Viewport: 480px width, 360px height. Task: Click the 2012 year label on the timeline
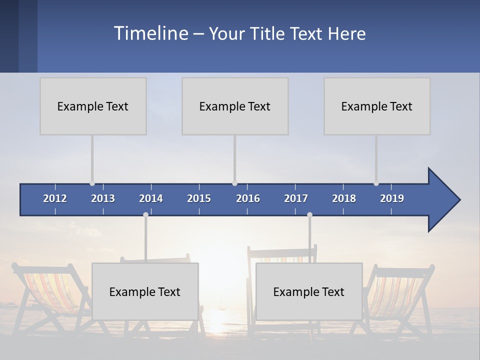[x=55, y=198]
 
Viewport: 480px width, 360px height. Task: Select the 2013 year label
[x=103, y=198]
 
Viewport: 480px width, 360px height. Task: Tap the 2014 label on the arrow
[x=151, y=198]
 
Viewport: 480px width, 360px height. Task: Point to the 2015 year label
[x=199, y=198]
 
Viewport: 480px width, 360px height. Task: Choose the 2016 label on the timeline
[x=248, y=198]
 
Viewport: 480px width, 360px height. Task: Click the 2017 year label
[x=296, y=198]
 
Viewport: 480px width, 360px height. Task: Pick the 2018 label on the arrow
[x=344, y=198]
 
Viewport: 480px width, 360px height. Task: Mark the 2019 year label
[x=392, y=198]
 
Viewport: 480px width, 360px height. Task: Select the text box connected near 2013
[x=93, y=106]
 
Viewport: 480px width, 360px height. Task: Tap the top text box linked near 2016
[x=235, y=106]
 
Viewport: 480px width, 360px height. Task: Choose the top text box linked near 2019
[x=377, y=106]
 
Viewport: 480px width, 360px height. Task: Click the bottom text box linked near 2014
[x=145, y=291]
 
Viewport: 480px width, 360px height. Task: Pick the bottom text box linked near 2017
[x=309, y=291]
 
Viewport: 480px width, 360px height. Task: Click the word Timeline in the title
[x=150, y=33]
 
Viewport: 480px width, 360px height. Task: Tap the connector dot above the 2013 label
[x=92, y=183]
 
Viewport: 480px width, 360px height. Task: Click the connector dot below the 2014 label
[x=145, y=214]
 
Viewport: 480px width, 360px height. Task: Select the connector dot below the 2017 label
[x=309, y=214]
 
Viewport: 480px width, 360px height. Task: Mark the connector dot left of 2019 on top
[x=376, y=183]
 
